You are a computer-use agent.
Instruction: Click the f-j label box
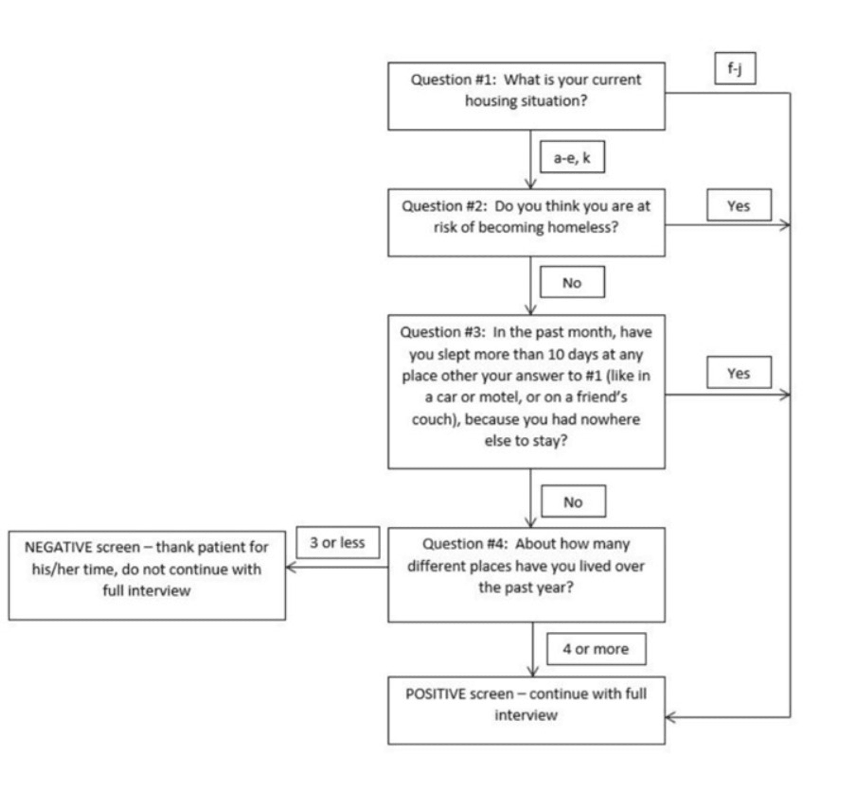pyautogui.click(x=735, y=68)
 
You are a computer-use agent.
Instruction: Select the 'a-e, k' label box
pyautogui.click(x=572, y=157)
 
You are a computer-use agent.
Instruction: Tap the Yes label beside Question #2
pyautogui.click(x=738, y=205)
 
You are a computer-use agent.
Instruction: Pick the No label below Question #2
pyautogui.click(x=572, y=282)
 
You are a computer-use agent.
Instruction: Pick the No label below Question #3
pyautogui.click(x=573, y=501)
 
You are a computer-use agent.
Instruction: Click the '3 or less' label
pyautogui.click(x=337, y=542)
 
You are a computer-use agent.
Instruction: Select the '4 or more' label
pyautogui.click(x=596, y=649)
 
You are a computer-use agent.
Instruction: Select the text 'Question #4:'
pyautogui.click(x=465, y=544)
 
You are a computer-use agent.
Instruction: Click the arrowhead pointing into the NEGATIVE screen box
pyautogui.click(x=290, y=567)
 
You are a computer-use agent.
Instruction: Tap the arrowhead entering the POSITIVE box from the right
pyautogui.click(x=670, y=717)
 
